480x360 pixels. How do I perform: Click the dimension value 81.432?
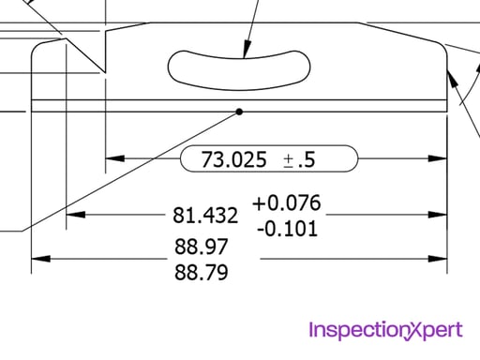[x=205, y=216]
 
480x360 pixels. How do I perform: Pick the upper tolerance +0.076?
[x=286, y=203]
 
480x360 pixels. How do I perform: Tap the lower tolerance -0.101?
[x=286, y=228]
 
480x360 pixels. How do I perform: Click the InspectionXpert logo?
[x=384, y=329]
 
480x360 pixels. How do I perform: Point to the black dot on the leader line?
[x=239, y=112]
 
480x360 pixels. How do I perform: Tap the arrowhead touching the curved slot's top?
[x=246, y=51]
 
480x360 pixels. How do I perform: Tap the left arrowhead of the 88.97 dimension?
[x=40, y=259]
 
